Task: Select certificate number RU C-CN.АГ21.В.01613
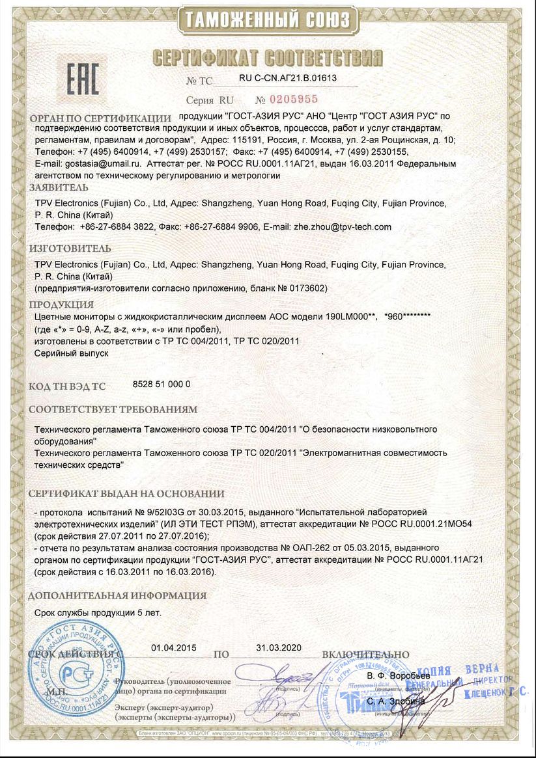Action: pyautogui.click(x=288, y=78)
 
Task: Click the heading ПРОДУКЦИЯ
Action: pyautogui.click(x=62, y=305)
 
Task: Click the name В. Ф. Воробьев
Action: pyautogui.click(x=399, y=677)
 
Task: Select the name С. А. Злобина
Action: pyautogui.click(x=396, y=701)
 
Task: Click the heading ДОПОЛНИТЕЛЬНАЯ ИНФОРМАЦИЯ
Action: pyautogui.click(x=117, y=595)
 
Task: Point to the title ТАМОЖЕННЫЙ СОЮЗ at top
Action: pyautogui.click(x=268, y=20)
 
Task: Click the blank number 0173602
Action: pyautogui.click(x=308, y=288)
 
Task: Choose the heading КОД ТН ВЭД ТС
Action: pyautogui.click(x=66, y=386)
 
